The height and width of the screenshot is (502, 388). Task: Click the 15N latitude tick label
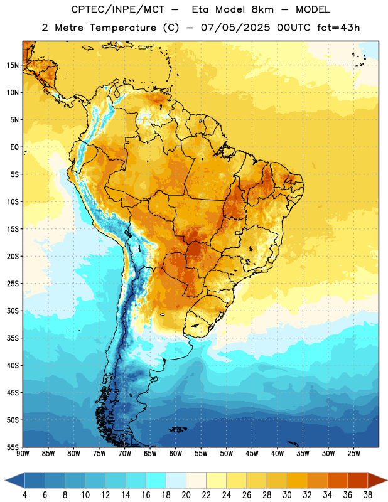click(13, 65)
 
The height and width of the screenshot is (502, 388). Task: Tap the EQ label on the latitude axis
click(14, 147)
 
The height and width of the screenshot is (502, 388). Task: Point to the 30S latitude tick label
click(13, 311)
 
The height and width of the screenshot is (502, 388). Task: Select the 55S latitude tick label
click(13, 447)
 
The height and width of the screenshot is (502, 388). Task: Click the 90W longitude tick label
click(23, 454)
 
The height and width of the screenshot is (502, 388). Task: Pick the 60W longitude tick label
click(176, 454)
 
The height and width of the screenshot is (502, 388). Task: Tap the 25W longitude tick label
click(353, 454)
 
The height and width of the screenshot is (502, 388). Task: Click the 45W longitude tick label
click(252, 454)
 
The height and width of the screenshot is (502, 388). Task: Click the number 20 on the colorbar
click(186, 495)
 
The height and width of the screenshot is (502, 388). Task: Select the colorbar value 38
click(368, 495)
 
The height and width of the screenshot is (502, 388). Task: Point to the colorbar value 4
click(24, 495)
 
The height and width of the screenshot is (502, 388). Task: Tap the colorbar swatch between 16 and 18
click(156, 480)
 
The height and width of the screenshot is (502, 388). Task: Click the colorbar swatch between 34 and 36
click(338, 480)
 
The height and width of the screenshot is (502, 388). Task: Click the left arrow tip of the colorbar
click(5, 480)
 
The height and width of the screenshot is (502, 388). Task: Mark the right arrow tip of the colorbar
click(387, 480)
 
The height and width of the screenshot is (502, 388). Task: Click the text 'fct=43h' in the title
click(338, 28)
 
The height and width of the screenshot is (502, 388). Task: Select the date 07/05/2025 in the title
click(235, 28)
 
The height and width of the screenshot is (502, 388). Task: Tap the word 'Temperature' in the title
click(123, 28)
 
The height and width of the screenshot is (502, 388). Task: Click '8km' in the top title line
click(262, 9)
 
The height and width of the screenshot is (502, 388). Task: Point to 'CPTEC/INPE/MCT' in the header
click(118, 9)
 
